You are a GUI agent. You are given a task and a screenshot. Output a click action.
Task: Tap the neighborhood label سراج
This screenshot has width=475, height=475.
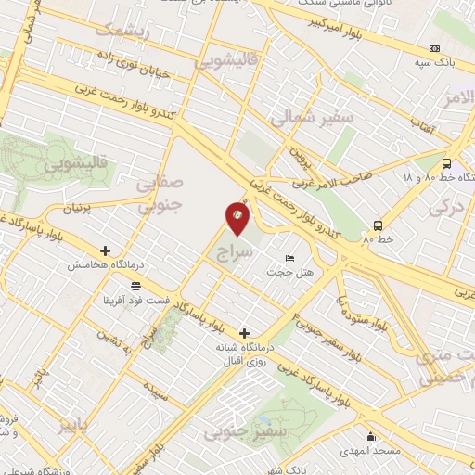[x=235, y=251]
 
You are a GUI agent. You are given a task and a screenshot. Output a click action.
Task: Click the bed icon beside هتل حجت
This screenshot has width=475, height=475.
[x=290, y=258]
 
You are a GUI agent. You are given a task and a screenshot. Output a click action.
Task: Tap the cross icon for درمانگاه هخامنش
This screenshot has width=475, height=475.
[x=105, y=250]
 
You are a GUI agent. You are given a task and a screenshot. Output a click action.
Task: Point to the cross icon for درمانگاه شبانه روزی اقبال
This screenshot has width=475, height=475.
[x=245, y=333]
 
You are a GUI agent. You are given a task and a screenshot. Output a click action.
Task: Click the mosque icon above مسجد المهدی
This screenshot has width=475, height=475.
[x=371, y=437]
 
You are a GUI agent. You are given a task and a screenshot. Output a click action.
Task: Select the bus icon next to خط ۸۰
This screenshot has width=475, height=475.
[x=378, y=225]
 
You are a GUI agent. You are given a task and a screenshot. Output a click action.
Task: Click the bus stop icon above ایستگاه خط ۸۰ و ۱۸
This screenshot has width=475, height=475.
[x=447, y=160]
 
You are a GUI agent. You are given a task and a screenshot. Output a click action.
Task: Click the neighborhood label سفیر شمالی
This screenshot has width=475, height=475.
[x=311, y=119]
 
